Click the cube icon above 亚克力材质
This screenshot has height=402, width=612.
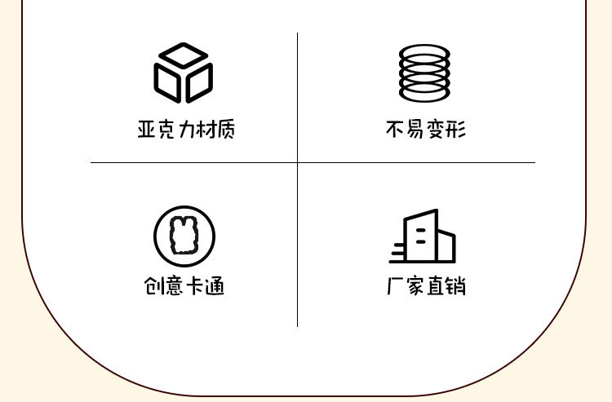(x=184, y=73)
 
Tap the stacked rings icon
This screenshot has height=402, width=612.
(x=424, y=73)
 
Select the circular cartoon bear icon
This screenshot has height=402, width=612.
(x=184, y=236)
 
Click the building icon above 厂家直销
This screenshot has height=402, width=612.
(x=423, y=236)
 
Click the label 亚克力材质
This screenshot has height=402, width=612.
(x=186, y=130)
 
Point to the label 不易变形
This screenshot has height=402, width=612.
(x=425, y=130)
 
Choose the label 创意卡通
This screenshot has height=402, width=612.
(x=184, y=286)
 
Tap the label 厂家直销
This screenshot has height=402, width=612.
(x=426, y=286)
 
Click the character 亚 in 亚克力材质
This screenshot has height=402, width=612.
(x=147, y=130)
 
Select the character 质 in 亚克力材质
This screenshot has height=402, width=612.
(x=224, y=130)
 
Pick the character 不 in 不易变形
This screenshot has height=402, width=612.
(x=395, y=130)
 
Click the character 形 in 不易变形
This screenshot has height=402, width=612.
(x=456, y=130)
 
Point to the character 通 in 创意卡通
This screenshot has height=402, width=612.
(x=215, y=286)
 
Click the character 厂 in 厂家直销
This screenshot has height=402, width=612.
(x=396, y=286)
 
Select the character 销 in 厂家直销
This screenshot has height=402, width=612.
(x=456, y=286)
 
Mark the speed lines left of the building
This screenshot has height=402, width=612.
(x=398, y=252)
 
